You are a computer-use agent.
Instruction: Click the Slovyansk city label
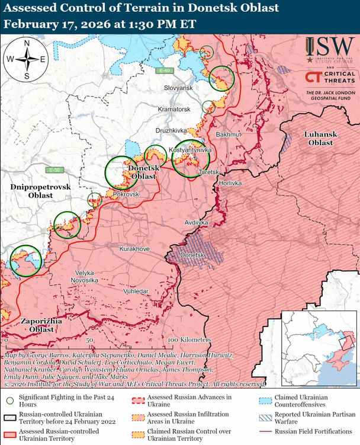[179, 88]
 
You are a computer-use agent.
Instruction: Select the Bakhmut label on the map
[229, 135]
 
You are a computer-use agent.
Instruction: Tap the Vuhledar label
[136, 292]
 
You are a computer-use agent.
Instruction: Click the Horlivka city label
[230, 183]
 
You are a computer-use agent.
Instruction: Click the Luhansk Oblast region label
[320, 139]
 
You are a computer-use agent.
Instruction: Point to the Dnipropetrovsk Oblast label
[40, 191]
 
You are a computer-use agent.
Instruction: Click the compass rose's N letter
[27, 43]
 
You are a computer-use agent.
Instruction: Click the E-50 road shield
[56, 171]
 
